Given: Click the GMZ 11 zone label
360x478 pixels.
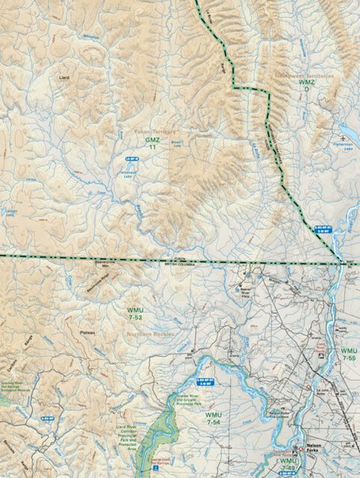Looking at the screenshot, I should click(152, 143).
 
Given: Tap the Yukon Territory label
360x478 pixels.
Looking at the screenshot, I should click(154, 131).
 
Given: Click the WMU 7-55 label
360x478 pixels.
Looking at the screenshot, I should click(349, 354).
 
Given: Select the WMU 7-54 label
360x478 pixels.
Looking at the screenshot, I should click(214, 418).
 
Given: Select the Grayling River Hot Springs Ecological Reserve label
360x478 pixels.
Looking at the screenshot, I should click(18, 384).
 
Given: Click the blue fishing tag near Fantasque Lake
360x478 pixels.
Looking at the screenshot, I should click(131, 160).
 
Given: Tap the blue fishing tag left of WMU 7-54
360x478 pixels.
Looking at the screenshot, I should click(47, 419).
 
